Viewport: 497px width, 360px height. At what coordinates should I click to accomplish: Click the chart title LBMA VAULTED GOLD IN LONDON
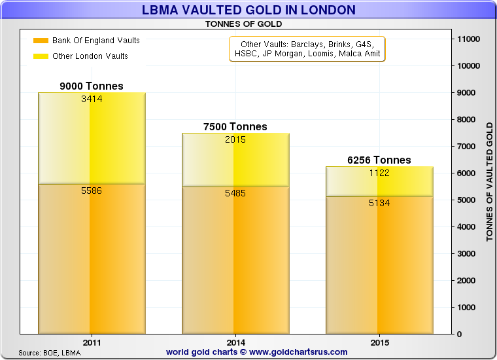coord(248,10)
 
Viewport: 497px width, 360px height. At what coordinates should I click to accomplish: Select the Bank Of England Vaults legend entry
coord(95,41)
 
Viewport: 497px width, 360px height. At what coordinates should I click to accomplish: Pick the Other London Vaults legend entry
coord(90,56)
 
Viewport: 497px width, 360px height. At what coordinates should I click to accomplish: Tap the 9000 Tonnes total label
coord(91,86)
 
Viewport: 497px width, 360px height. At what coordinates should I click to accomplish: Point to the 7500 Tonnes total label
coord(235,127)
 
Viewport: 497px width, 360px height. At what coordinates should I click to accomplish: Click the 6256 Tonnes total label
coord(379,160)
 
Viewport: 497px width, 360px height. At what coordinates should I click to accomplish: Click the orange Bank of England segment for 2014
coord(235,262)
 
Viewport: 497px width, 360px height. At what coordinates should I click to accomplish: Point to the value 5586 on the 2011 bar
coord(91,190)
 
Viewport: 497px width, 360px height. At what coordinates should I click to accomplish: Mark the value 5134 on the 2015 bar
coord(379,203)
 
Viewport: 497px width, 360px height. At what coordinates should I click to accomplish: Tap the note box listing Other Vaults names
coord(307,48)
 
